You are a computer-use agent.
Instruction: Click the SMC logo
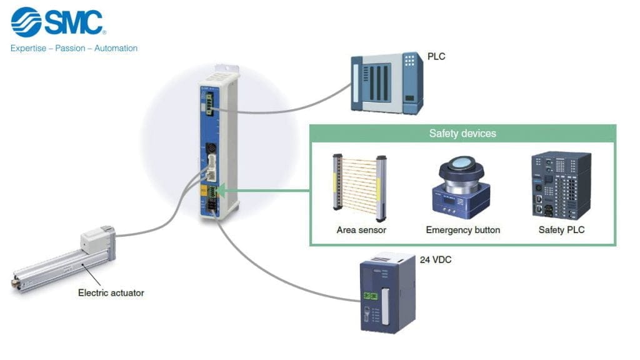click(57, 22)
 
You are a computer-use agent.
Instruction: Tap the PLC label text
click(436, 57)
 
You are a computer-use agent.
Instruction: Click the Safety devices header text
click(462, 134)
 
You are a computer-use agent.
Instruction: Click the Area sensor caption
click(361, 230)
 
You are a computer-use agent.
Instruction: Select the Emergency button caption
click(463, 230)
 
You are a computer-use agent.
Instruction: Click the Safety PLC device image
click(560, 185)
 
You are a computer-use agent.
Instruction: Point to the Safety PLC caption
click(561, 230)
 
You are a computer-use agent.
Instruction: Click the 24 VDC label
click(436, 260)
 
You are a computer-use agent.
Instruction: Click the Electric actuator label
click(111, 292)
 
